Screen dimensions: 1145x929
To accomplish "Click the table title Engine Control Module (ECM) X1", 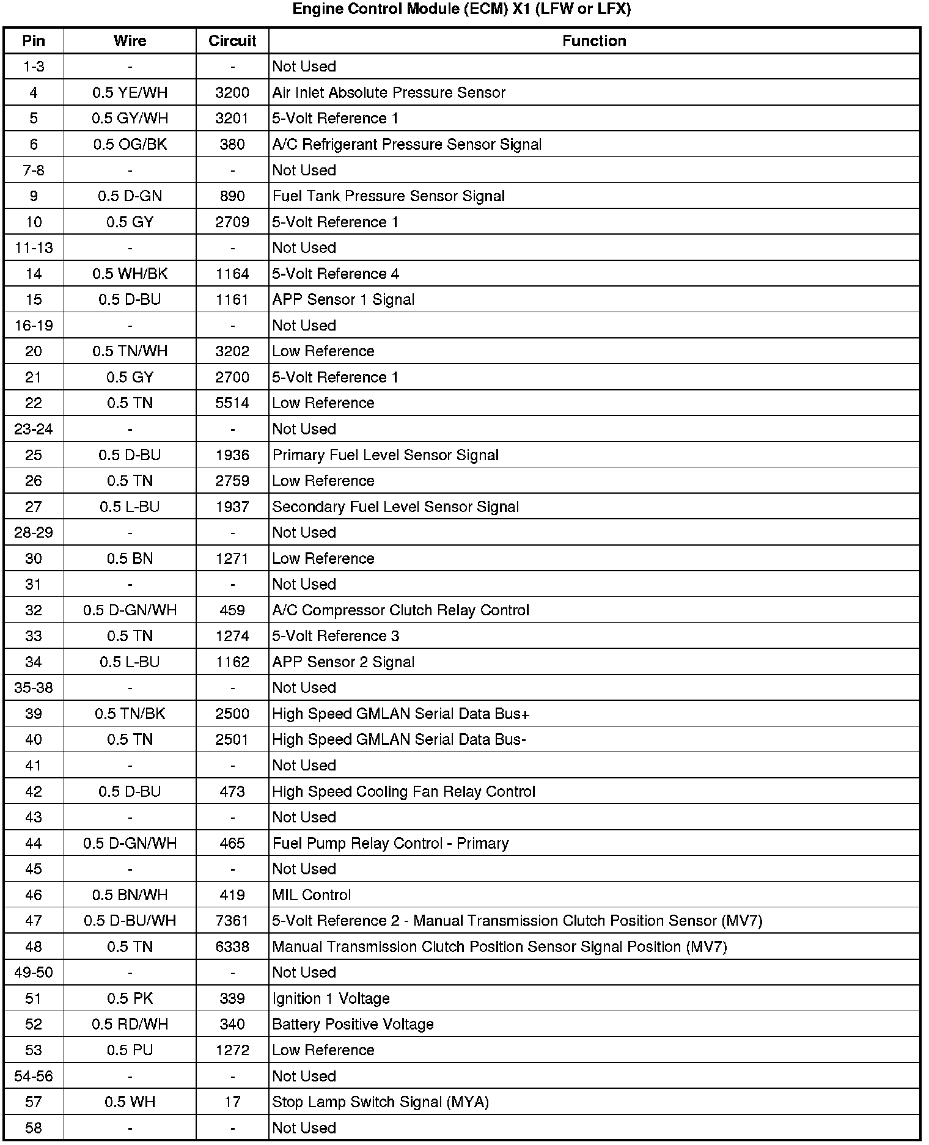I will pos(461,9).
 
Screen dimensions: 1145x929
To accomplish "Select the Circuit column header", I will pos(232,41).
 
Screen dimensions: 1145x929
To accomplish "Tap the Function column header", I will pos(594,41).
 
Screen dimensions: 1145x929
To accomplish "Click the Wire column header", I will pos(130,41).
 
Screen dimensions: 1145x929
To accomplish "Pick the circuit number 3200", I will pos(232,92).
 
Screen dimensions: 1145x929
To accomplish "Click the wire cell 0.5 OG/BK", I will pos(130,144).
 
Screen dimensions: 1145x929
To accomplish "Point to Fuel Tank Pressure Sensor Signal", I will pos(389,196).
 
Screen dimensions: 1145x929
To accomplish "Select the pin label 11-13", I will pos(34,248).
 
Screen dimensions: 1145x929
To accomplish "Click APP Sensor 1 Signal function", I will pos(343,299).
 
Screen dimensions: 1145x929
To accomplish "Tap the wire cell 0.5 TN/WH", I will pos(130,351).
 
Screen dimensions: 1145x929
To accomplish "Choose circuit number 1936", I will pos(232,455).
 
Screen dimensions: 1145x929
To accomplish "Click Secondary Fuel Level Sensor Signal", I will pos(395,507).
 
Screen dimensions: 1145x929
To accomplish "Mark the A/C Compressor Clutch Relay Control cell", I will pos(401,610).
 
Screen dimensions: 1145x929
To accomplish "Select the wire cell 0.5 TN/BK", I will pos(130,714).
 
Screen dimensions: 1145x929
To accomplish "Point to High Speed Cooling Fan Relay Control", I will pos(403,792).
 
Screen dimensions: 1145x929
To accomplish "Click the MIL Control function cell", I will pos(312,895).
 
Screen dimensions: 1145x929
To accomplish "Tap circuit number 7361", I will pos(232,921).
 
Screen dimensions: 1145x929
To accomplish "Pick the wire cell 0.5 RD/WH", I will pos(130,1025).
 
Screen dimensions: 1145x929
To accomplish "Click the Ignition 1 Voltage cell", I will pos(331,998).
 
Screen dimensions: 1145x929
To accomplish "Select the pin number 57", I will pos(34,1102).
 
